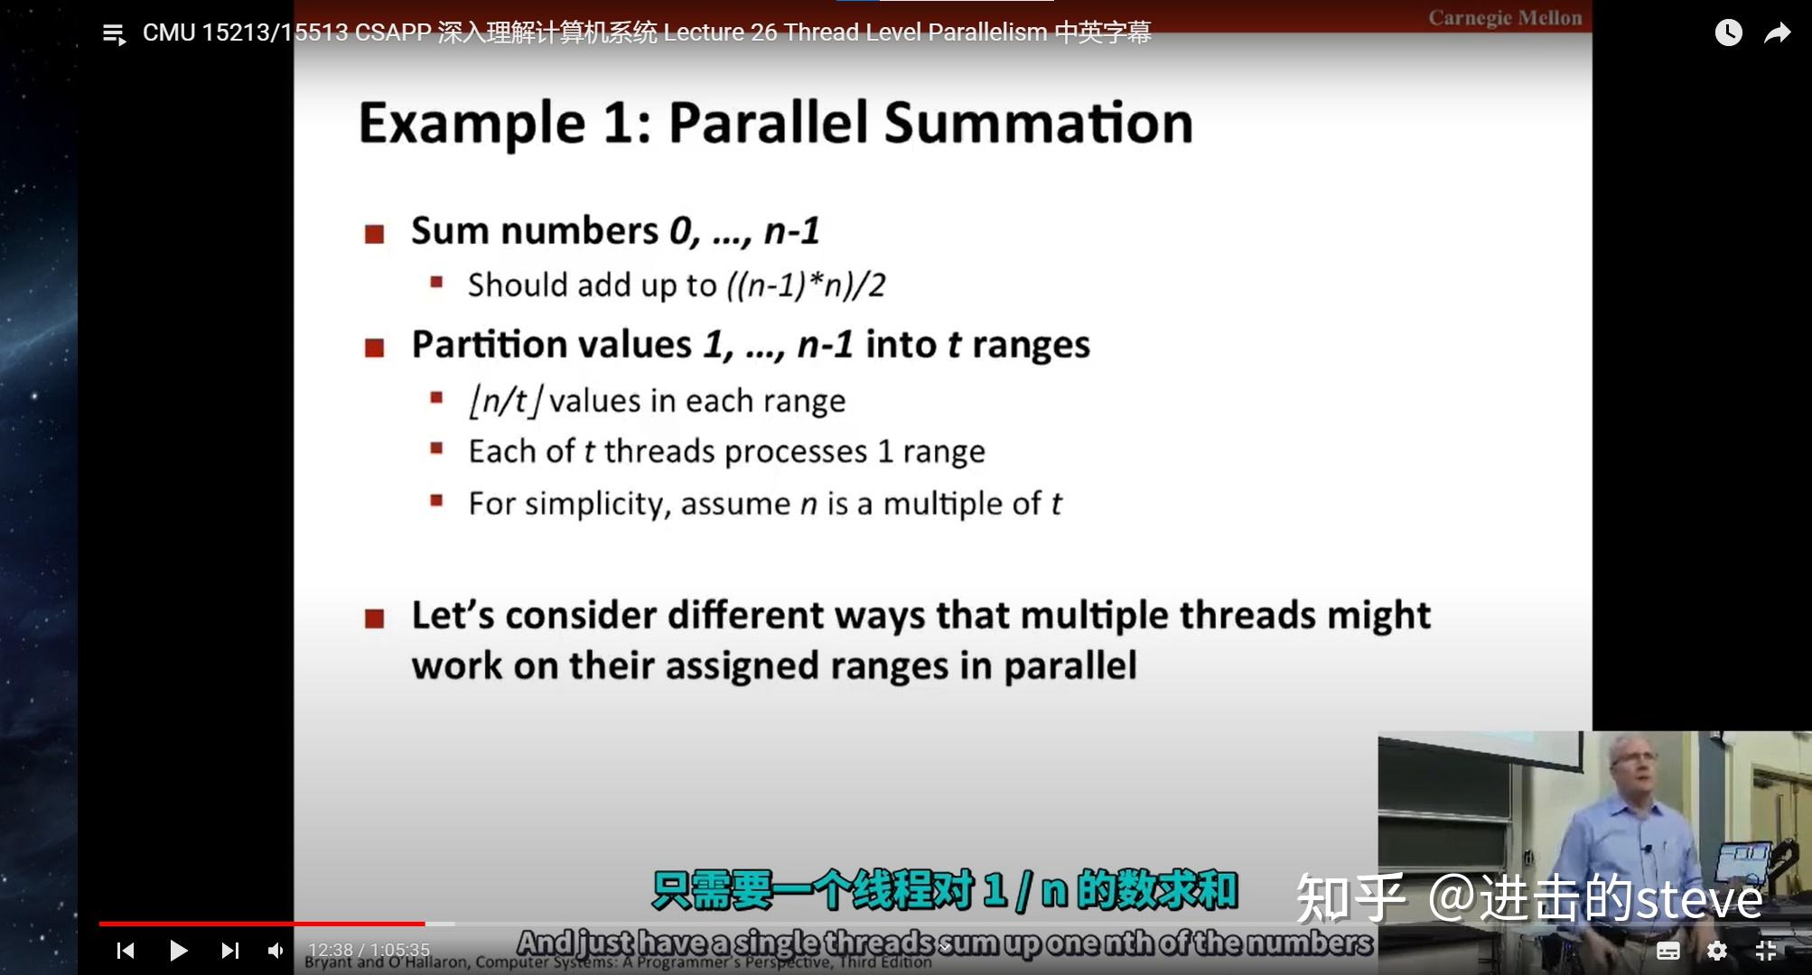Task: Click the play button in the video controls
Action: pyautogui.click(x=178, y=950)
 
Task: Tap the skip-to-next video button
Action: pyautogui.click(x=229, y=950)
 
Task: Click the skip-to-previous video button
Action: pyautogui.click(x=126, y=950)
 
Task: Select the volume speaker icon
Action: pyautogui.click(x=276, y=950)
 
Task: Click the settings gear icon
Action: pyautogui.click(x=1716, y=950)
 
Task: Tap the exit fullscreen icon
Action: pyautogui.click(x=1766, y=950)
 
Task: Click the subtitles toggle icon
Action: pyautogui.click(x=1667, y=950)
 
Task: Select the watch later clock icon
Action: pyautogui.click(x=1728, y=33)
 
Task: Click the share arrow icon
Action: pyautogui.click(x=1777, y=33)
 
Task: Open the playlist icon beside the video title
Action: pyautogui.click(x=114, y=35)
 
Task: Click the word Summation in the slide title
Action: pyautogui.click(x=1038, y=123)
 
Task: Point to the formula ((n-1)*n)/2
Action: pyautogui.click(x=806, y=285)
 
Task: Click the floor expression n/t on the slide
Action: pyautogui.click(x=505, y=400)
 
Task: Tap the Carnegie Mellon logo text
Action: pyautogui.click(x=1505, y=18)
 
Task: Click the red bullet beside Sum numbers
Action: pyautogui.click(x=374, y=235)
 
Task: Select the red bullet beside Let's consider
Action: pyautogui.click(x=374, y=619)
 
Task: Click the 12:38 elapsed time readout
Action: pyautogui.click(x=330, y=950)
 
